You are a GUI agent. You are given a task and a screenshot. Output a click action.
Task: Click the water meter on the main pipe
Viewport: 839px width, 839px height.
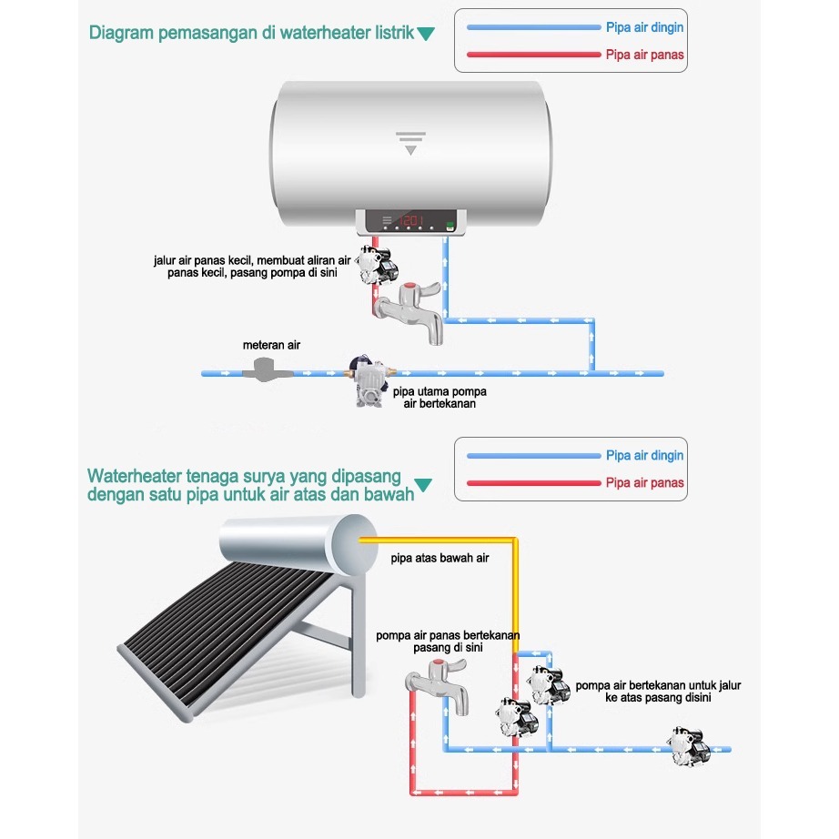point(268,369)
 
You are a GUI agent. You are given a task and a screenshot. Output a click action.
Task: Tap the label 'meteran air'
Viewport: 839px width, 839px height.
point(271,346)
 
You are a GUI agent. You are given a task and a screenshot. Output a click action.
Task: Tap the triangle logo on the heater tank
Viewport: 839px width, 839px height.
point(412,142)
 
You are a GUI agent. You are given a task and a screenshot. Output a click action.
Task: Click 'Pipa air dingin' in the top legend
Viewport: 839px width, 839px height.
point(644,27)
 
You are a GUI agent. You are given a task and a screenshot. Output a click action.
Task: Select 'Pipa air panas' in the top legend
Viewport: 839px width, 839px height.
point(644,55)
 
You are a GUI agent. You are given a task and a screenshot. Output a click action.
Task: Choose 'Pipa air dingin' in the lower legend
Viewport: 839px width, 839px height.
point(644,455)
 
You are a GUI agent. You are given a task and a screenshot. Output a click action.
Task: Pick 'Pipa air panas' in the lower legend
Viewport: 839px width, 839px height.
point(644,482)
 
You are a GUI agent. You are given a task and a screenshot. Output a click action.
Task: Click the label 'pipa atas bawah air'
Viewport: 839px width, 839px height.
point(440,558)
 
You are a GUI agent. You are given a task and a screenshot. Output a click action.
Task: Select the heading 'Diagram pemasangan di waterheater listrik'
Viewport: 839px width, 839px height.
point(251,34)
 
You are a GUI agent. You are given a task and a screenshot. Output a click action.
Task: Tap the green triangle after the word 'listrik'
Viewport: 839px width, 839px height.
point(425,35)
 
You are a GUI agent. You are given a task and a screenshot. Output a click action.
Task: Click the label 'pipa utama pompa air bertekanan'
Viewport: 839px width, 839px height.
point(440,397)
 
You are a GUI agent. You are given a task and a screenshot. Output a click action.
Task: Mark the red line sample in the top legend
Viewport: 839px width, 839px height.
point(532,55)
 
